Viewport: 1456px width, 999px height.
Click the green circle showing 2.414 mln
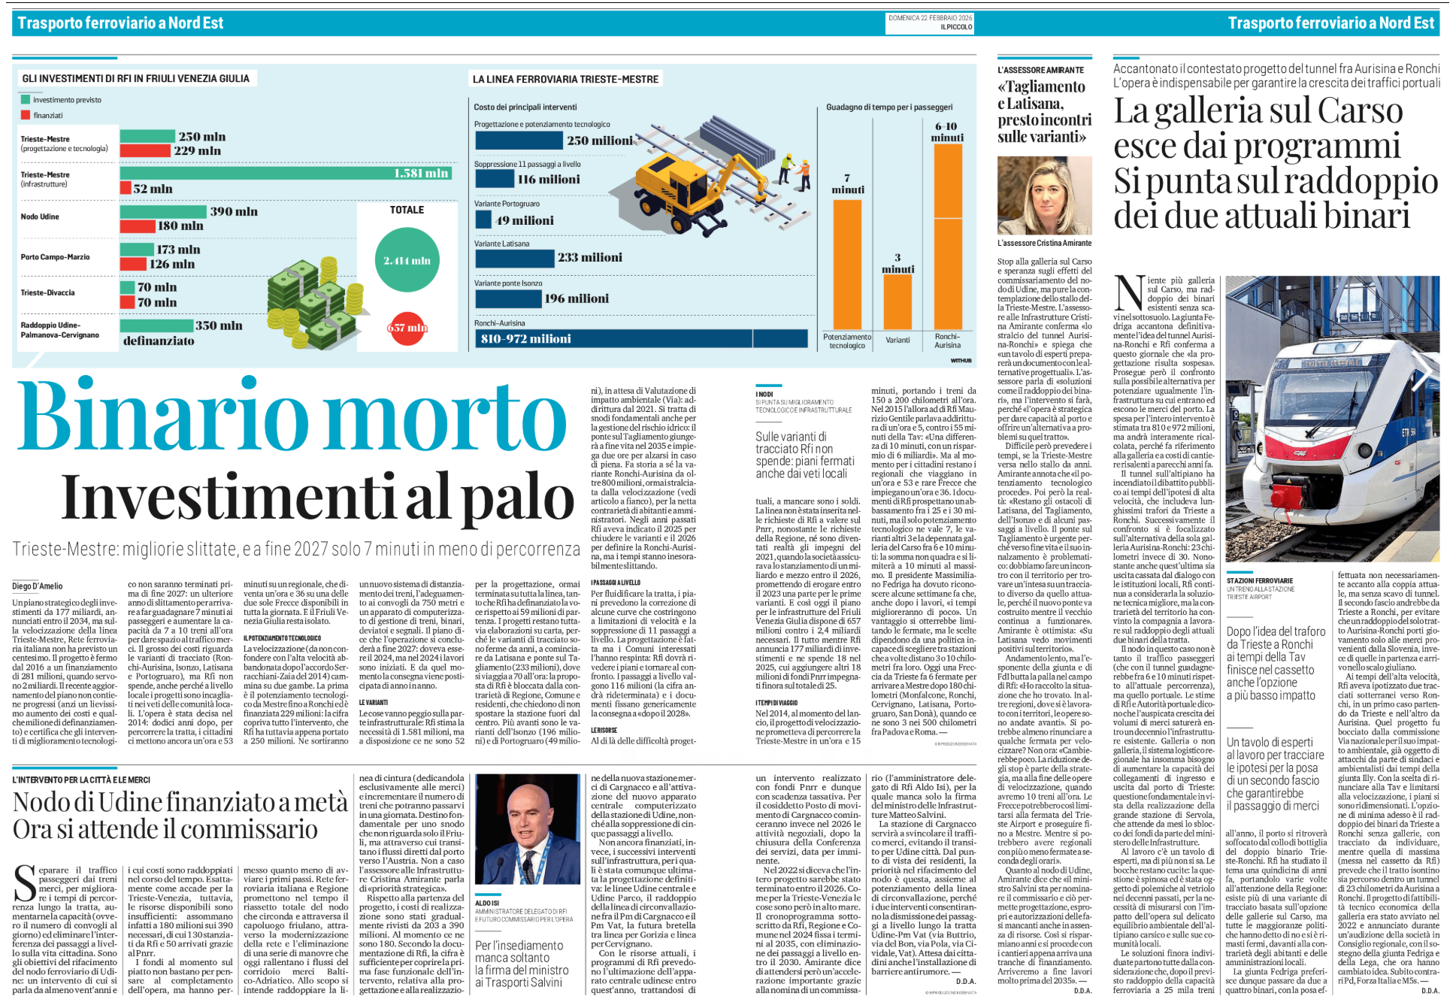407,260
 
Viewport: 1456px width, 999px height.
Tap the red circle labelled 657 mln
407,328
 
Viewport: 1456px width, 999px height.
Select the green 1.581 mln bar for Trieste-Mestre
286,173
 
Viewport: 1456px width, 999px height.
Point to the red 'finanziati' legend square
26,115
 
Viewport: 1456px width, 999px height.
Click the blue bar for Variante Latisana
514,258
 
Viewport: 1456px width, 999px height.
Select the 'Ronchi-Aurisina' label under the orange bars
947,341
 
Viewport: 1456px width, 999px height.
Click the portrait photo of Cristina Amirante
1044,196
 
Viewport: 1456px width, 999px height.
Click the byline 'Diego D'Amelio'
38,586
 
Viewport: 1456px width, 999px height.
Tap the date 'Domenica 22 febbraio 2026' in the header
930,17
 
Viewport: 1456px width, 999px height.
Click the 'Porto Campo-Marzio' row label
55,257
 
